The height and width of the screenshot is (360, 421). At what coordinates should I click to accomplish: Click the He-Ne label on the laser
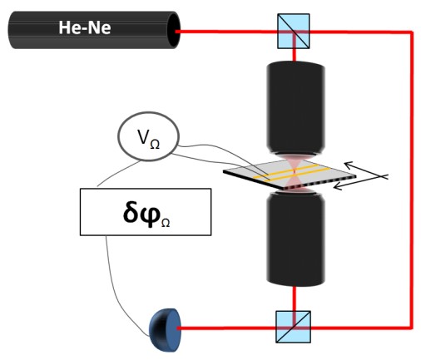[x=85, y=27]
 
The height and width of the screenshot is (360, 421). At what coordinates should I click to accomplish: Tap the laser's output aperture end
[x=174, y=31]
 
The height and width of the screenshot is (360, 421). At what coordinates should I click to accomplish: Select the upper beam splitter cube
[x=294, y=31]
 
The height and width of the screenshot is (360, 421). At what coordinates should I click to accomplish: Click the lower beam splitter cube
[x=293, y=327]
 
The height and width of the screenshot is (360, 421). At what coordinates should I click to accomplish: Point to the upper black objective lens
[x=295, y=109]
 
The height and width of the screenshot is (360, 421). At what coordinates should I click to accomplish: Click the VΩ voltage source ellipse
[x=148, y=136]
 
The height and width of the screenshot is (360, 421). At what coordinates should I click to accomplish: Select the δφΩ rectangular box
[x=146, y=212]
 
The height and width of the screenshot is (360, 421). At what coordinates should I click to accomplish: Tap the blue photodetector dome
[x=166, y=330]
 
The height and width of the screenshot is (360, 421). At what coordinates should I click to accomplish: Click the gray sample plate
[x=290, y=175]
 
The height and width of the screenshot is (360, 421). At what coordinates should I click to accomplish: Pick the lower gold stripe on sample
[x=297, y=175]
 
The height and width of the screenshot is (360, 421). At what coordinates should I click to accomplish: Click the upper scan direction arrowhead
[x=349, y=165]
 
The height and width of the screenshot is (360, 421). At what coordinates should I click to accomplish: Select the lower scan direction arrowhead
[x=338, y=186]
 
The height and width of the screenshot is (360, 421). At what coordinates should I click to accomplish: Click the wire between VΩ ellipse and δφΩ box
[x=118, y=172]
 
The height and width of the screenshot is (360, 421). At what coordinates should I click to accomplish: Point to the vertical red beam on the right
[x=412, y=180]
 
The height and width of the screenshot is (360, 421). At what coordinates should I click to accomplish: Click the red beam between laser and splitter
[x=226, y=32]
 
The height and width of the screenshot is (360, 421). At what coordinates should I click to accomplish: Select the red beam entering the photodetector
[x=226, y=328]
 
